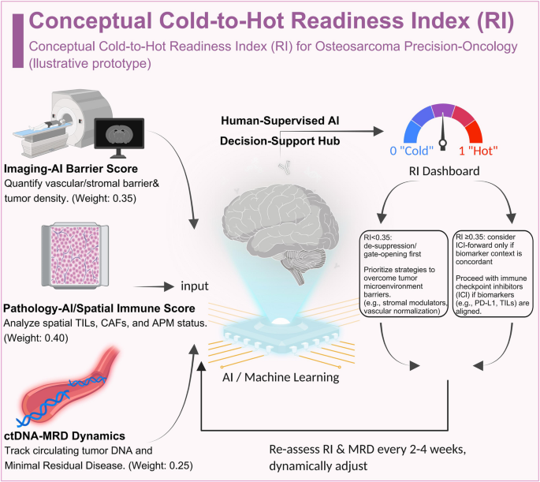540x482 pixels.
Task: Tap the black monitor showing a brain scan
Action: pos(119,137)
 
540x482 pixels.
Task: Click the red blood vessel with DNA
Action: pos(67,387)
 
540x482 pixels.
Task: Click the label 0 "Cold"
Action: pos(412,151)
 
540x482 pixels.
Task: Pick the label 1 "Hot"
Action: pos(479,151)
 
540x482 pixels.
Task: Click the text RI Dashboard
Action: pos(445,171)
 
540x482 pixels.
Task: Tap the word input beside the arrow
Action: pos(195,286)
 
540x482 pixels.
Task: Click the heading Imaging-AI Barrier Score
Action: pos(71,169)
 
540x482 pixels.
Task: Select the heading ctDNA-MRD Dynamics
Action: pos(65,435)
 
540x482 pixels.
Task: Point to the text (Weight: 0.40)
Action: pos(35,338)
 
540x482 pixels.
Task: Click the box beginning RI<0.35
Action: pos(404,274)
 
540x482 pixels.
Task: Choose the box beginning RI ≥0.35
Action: pos(493,274)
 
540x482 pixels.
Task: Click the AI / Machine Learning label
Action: pos(281,377)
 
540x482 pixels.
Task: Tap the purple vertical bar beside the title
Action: pos(18,41)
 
